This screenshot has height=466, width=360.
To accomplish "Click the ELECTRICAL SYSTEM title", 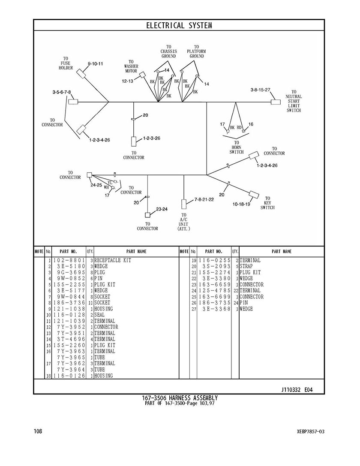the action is [179, 26].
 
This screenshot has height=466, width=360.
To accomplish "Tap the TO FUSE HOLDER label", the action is [66, 63].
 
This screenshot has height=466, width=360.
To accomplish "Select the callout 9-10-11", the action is [95, 63].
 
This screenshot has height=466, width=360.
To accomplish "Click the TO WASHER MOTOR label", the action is [131, 66].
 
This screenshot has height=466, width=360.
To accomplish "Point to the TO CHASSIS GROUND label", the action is [169, 51].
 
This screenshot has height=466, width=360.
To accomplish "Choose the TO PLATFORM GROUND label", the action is [196, 51].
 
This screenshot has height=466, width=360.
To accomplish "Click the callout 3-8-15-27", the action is [260, 90].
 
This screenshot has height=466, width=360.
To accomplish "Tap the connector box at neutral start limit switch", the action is [276, 102].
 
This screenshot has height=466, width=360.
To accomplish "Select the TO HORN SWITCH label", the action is [237, 147].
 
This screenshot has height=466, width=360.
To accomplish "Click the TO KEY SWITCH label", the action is [267, 203].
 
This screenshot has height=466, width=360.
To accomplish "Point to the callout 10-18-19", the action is [241, 204].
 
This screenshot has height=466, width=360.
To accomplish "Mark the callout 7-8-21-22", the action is [204, 199].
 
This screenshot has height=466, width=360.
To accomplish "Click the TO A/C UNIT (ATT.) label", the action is [183, 222].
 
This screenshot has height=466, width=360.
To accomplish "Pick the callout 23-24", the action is [162, 209].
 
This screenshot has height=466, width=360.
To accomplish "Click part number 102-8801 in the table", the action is [69, 260].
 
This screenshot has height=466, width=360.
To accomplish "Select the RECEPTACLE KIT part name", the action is [113, 260].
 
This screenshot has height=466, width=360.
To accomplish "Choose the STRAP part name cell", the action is [246, 266].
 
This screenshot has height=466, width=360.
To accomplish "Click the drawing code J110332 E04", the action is [297, 390].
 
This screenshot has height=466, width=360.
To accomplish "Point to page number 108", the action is [38, 431].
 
